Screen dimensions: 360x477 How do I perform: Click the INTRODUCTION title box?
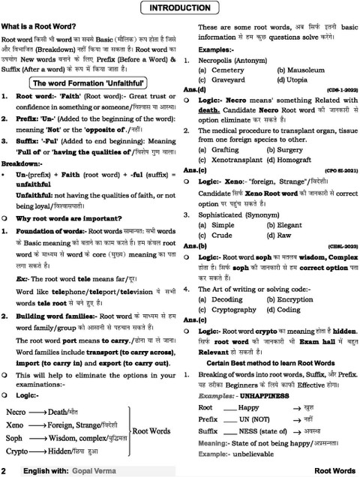[181, 8]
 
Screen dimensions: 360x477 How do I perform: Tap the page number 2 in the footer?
[5, 470]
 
